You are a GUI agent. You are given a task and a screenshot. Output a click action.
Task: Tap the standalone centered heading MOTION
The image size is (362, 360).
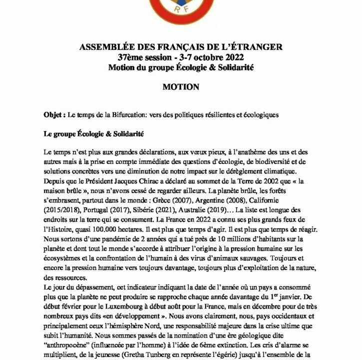pos(181,86)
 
